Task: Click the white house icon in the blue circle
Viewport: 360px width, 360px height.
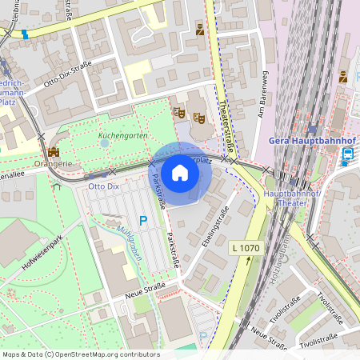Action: click(x=180, y=173)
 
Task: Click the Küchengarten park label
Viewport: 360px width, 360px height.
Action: click(x=122, y=136)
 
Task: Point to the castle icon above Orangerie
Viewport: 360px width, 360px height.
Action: click(x=54, y=152)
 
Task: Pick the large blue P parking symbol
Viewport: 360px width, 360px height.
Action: click(x=143, y=221)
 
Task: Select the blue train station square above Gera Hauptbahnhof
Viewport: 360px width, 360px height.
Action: click(x=311, y=128)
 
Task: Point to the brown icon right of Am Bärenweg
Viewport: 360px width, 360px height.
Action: click(x=342, y=78)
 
